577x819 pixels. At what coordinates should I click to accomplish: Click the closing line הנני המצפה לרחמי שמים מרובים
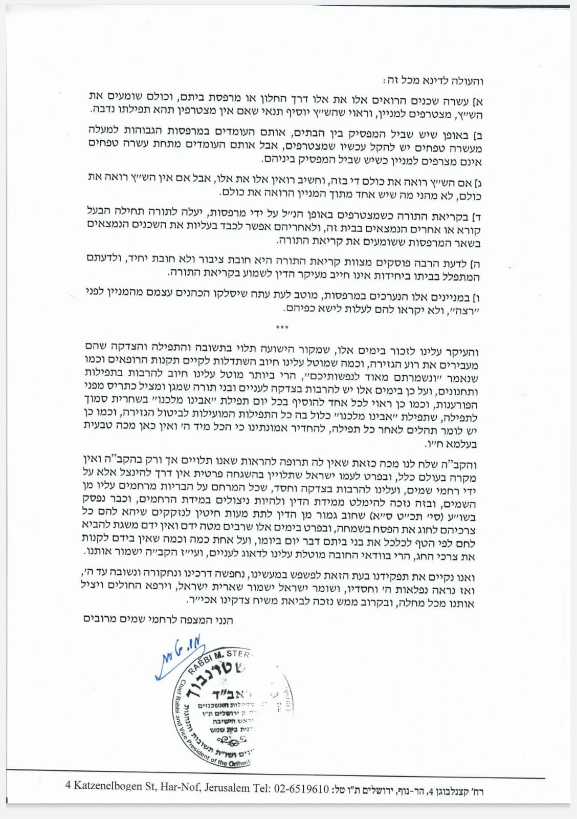pyautogui.click(x=158, y=619)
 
